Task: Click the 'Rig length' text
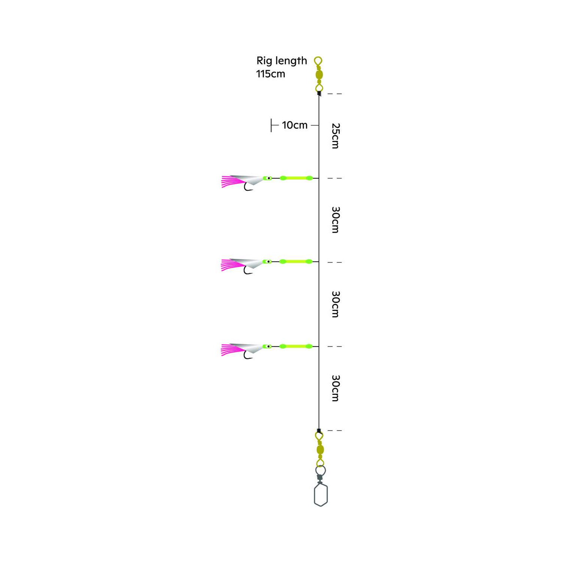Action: (281, 61)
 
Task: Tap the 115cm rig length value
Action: (271, 74)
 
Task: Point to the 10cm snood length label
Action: (295, 125)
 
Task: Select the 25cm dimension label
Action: (336, 136)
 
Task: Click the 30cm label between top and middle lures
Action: (336, 220)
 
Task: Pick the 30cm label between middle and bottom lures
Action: (336, 304)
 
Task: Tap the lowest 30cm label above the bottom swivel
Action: (336, 388)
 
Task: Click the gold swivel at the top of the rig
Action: (319, 74)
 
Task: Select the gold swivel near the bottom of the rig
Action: (320, 449)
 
